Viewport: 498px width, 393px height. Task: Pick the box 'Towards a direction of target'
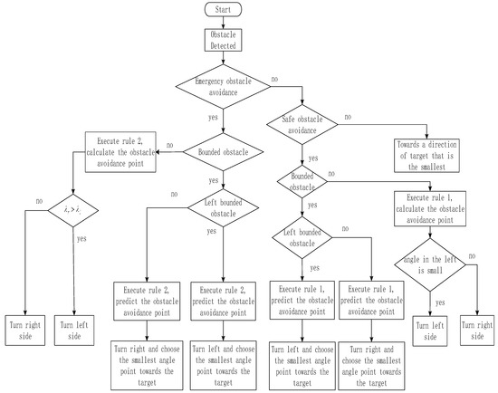point(429,153)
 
